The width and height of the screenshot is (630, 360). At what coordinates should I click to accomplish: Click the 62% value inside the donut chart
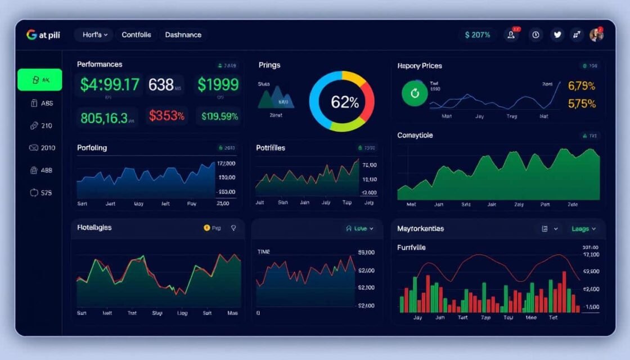pyautogui.click(x=345, y=102)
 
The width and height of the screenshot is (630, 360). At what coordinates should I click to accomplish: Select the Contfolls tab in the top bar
pyautogui.click(x=136, y=35)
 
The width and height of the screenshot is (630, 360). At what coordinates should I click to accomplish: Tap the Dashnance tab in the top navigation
pyautogui.click(x=183, y=35)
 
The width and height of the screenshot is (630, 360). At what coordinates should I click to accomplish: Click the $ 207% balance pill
pyautogui.click(x=478, y=35)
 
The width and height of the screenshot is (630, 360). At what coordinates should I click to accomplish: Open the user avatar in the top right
pyautogui.click(x=596, y=35)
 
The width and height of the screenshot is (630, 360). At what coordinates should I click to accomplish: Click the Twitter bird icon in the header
pyautogui.click(x=557, y=35)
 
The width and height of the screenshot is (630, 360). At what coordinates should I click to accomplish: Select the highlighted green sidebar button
pyautogui.click(x=39, y=80)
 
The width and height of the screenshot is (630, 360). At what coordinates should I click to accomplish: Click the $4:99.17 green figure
pyautogui.click(x=109, y=85)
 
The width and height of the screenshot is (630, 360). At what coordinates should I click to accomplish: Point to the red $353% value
pyautogui.click(x=166, y=116)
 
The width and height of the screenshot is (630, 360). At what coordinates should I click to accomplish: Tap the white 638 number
pyautogui.click(x=161, y=85)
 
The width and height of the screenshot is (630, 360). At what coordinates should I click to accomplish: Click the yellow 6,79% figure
pyautogui.click(x=582, y=86)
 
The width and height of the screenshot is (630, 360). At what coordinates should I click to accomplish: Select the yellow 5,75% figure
pyautogui.click(x=582, y=103)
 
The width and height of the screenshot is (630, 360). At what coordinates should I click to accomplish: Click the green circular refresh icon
pyautogui.click(x=415, y=93)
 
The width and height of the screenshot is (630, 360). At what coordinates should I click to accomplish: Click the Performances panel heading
pyautogui.click(x=100, y=65)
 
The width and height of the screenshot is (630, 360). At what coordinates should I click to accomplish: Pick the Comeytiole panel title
pyautogui.click(x=415, y=136)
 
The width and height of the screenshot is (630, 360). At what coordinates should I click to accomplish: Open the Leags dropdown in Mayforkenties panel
pyautogui.click(x=583, y=229)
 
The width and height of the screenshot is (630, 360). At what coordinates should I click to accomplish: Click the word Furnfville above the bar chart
pyautogui.click(x=411, y=247)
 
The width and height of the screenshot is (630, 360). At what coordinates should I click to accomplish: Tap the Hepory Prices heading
pyautogui.click(x=420, y=66)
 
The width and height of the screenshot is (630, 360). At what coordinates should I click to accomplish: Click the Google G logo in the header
pyautogui.click(x=31, y=35)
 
